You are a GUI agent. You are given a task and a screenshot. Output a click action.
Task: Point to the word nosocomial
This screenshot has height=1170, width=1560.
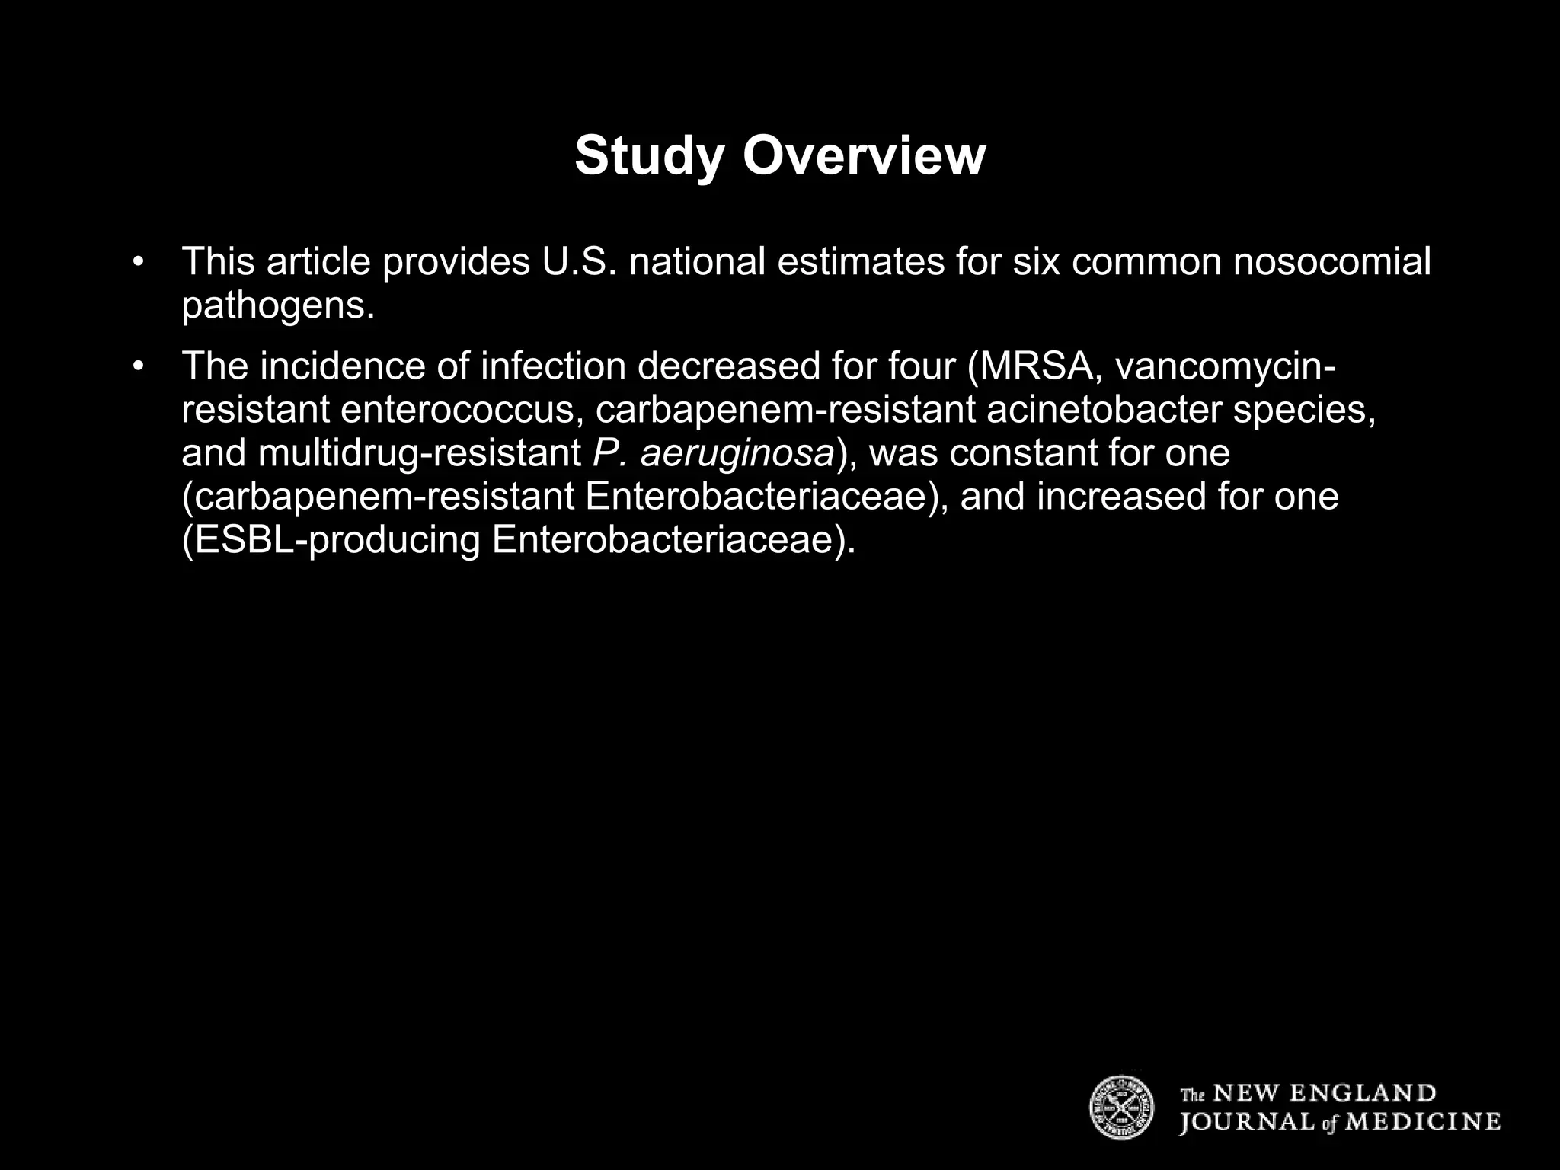click(x=1332, y=262)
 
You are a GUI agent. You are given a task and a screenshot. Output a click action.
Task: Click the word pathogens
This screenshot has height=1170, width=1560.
click(x=278, y=305)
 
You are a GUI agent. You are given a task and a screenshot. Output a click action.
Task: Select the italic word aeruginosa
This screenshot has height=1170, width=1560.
click(x=737, y=454)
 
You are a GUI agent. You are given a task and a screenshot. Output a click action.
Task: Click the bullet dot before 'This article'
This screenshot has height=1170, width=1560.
click(x=138, y=262)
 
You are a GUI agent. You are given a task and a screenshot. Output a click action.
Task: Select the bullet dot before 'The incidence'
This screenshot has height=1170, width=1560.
click(x=138, y=366)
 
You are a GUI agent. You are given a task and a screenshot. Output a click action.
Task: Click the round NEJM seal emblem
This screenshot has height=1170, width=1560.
click(x=1121, y=1108)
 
